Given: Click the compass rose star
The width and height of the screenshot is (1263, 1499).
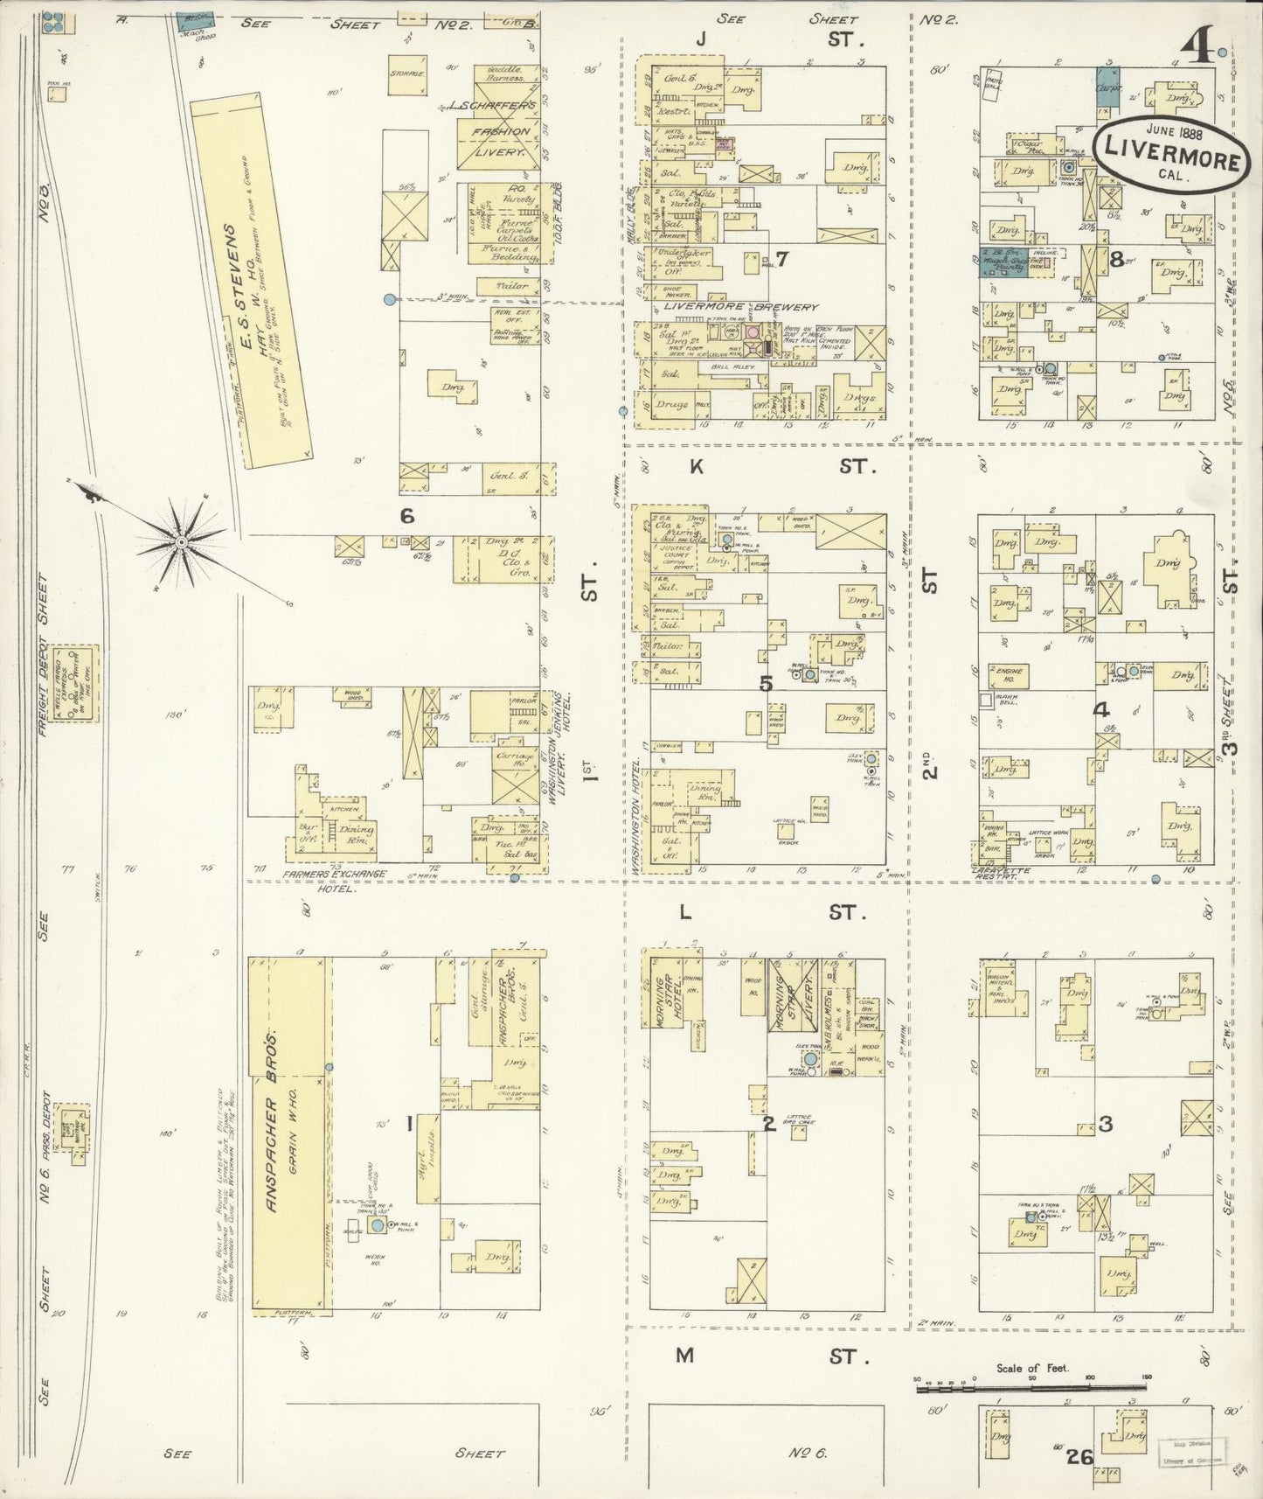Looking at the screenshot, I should (x=181, y=542).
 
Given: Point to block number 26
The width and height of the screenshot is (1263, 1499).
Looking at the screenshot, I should (x=1079, y=1456).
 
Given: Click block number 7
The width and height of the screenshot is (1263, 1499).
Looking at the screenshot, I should (x=781, y=258).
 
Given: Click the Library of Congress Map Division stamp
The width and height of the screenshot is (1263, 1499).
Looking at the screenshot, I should (x=1192, y=1453).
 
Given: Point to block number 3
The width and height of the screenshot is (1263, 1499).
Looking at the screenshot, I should (x=1105, y=1124).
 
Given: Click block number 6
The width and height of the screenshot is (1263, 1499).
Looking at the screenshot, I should (x=406, y=516).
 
